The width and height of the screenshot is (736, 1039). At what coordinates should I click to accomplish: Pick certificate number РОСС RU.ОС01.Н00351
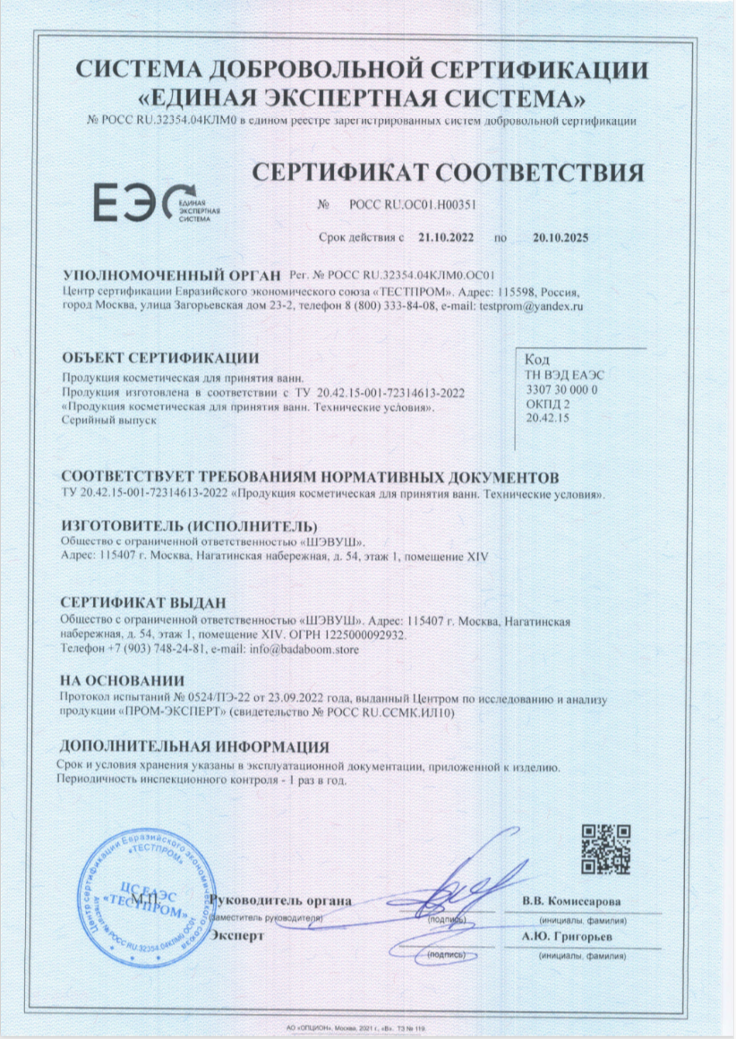411,204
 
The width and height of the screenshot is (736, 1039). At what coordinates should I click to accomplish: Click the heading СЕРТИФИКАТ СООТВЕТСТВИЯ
447,172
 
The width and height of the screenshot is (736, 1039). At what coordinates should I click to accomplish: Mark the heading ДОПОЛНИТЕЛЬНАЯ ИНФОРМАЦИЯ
194,746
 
